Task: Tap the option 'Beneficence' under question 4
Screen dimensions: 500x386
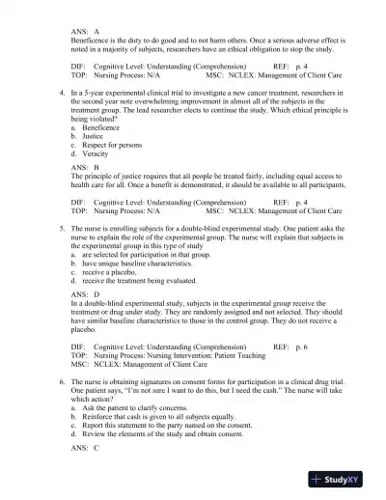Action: [x=101, y=126]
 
